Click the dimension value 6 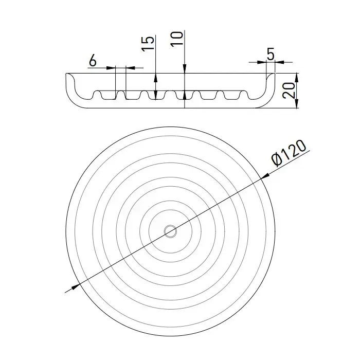click(93, 61)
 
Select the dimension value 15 click(148, 43)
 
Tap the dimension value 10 click(177, 39)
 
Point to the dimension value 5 click(271, 53)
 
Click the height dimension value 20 click(289, 91)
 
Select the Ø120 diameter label click(289, 153)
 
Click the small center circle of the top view click(170, 231)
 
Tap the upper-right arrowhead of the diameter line click(265, 176)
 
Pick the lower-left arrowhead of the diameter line click(76, 286)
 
